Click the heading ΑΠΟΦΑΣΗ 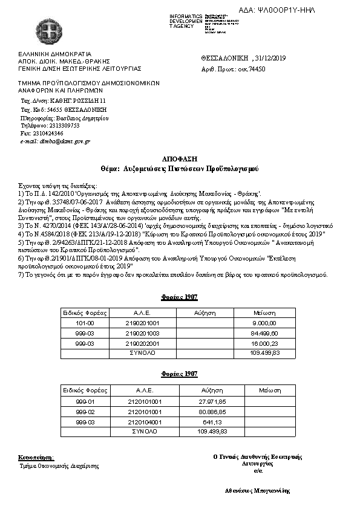(x=179, y=157)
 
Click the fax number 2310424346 (x=50, y=133)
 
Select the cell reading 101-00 (x=84, y=323)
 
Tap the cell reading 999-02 (x=84, y=411)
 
